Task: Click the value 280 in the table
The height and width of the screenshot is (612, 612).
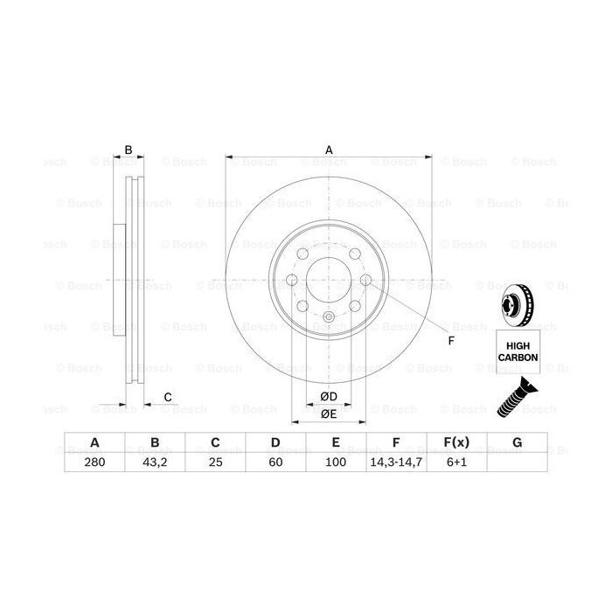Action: click(94, 462)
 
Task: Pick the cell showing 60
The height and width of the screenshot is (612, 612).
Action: click(275, 462)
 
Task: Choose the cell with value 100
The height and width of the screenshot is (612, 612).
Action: click(337, 462)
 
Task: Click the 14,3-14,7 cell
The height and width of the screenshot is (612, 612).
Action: click(396, 462)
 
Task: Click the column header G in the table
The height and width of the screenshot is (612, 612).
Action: click(518, 443)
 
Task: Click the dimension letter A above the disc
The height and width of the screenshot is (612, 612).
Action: click(329, 150)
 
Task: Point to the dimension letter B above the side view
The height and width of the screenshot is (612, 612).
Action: click(128, 150)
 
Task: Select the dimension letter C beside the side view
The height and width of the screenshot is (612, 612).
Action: click(166, 398)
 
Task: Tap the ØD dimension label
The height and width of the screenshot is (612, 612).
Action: click(328, 397)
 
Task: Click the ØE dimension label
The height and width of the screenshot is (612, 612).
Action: click(329, 414)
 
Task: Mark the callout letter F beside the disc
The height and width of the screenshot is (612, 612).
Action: click(451, 340)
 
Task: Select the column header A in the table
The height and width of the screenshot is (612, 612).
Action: click(94, 443)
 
